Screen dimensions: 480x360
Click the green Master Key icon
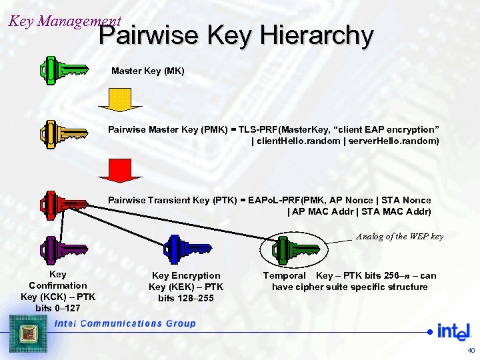[x=63, y=69]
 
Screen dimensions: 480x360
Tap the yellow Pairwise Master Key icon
[x=64, y=133]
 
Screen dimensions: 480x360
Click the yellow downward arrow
[x=120, y=103]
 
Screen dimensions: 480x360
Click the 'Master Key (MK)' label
[x=147, y=71]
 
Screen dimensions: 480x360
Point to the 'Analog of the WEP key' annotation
[x=399, y=236]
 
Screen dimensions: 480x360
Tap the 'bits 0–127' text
[x=58, y=307]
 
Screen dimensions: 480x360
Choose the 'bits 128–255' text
[x=186, y=298]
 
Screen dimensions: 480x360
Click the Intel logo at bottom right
[x=453, y=331]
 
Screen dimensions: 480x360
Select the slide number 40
[x=471, y=350]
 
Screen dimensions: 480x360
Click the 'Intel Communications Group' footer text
[x=125, y=323]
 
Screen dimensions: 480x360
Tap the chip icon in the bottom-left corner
[x=27, y=333]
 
